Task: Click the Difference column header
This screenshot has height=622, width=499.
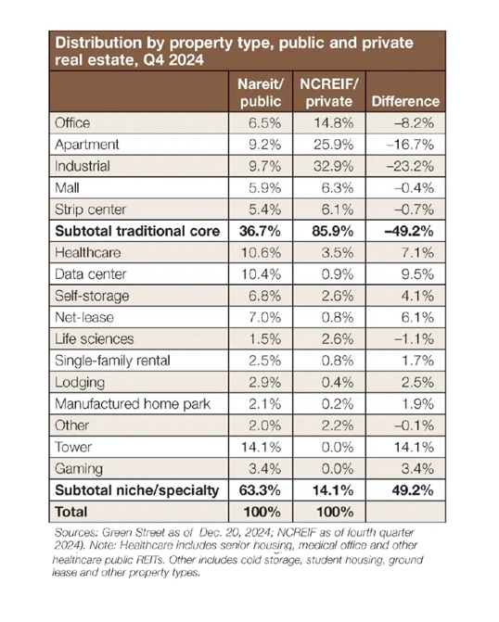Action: [405, 101]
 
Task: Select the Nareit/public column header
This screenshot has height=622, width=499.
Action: [261, 93]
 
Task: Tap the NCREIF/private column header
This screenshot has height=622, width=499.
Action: [329, 93]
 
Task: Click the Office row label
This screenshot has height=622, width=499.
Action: [72, 123]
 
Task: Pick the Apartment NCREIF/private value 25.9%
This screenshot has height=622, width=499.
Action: [334, 145]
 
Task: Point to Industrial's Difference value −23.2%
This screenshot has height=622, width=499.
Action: [411, 166]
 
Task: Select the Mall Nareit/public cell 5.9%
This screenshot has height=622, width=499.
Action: [264, 187]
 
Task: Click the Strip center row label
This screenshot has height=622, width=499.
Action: [91, 209]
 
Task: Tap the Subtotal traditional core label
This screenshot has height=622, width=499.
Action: [137, 231]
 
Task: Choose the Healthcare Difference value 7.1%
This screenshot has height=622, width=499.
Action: [417, 253]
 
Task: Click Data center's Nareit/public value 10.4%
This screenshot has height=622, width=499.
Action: [262, 274]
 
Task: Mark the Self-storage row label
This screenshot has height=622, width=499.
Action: [92, 296]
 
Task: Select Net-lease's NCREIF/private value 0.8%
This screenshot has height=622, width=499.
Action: [338, 317]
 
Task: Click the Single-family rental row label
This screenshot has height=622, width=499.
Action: [112, 361]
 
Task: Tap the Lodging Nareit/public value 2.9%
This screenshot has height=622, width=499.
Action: [264, 383]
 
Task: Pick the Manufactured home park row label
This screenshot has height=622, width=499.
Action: [133, 404]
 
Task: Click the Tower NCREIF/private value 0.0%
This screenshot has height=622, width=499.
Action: [338, 447]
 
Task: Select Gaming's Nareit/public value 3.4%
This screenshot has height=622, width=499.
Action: [264, 469]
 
